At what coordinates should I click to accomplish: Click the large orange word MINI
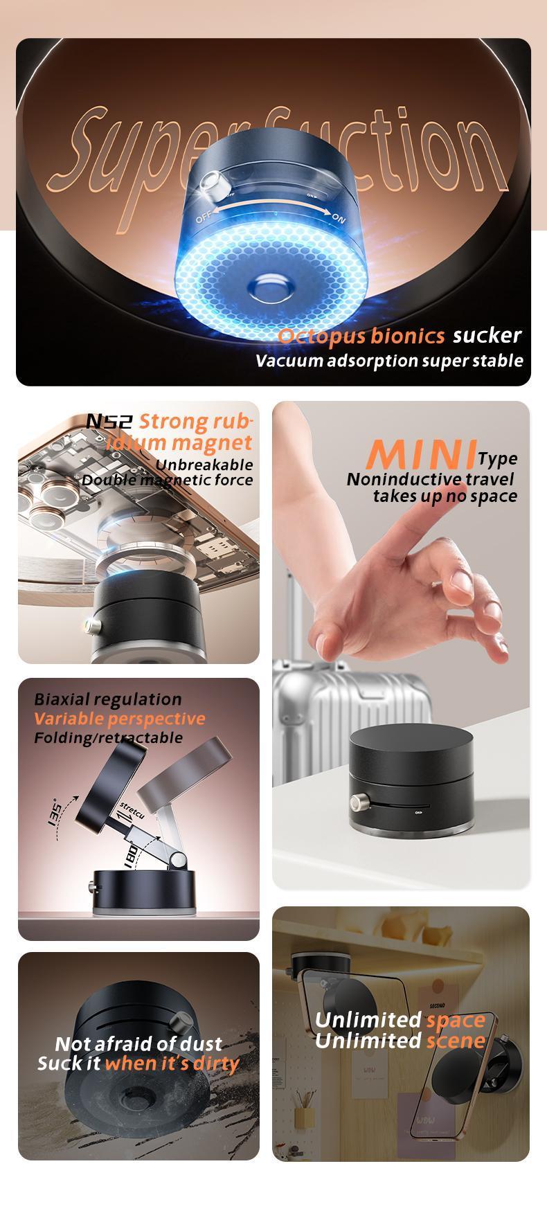tap(422, 454)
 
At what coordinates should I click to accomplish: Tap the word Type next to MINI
tap(497, 458)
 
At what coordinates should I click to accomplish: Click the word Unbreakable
tap(204, 465)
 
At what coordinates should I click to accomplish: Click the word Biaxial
tap(61, 699)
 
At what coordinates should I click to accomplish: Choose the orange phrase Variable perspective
tap(119, 719)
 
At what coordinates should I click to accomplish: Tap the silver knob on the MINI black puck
tap(360, 804)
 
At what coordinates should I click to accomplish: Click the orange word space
tap(456, 1020)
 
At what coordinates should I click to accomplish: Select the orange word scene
tap(456, 1041)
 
